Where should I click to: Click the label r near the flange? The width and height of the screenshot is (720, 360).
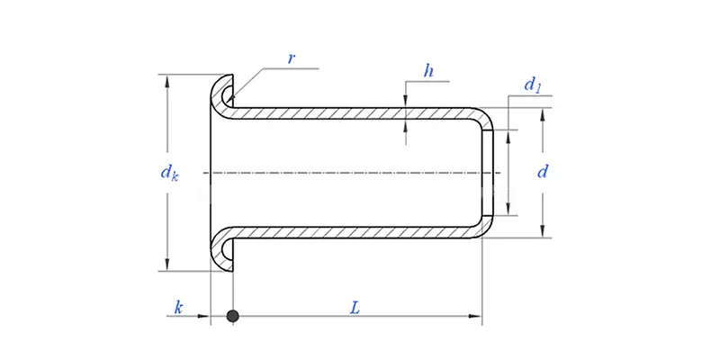coord(291,58)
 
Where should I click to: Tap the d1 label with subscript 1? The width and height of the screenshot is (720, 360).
coord(533,86)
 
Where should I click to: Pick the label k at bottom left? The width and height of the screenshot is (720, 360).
coord(178,308)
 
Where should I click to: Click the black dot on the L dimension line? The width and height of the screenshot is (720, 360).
coord(232,316)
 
